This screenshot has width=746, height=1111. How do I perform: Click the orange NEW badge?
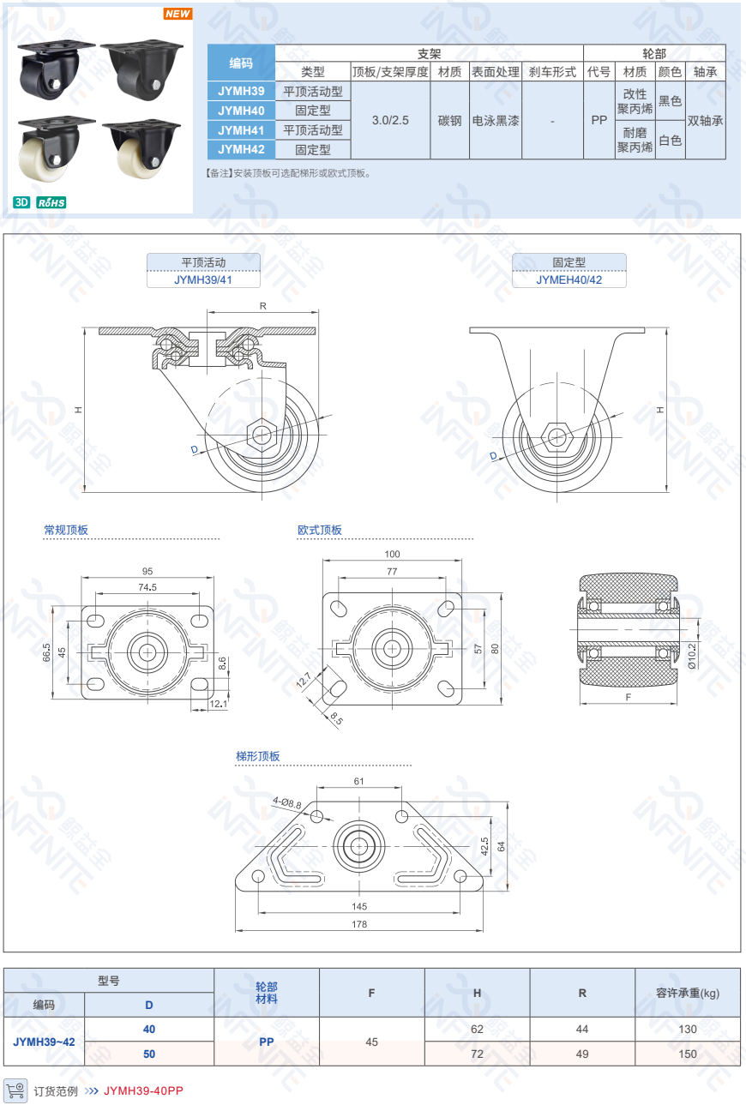177,14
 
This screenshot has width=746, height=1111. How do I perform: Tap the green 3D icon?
21,202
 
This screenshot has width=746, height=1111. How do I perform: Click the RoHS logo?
51,202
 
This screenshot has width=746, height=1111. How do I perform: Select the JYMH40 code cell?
241,111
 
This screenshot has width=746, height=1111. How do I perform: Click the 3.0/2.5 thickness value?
390,121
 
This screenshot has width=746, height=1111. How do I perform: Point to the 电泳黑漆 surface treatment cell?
496,121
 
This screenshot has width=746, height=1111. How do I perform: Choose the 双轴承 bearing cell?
706,121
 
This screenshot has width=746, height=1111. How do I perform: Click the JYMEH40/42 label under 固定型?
569,279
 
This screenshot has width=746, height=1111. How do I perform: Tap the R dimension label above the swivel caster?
263,306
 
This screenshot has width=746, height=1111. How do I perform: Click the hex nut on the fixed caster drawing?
557,437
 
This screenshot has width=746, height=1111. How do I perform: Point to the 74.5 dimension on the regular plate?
147,587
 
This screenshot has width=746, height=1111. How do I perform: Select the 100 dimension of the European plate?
392,554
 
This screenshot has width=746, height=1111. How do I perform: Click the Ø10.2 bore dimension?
693,656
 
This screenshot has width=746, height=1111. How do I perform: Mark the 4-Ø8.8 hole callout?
287,802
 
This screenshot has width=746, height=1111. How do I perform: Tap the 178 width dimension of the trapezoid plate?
359,924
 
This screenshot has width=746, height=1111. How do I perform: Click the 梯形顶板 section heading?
258,756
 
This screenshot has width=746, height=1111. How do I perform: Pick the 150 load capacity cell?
688,1054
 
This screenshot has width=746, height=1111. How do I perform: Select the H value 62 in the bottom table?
477,1030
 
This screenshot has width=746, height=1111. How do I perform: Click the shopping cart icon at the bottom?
16,1090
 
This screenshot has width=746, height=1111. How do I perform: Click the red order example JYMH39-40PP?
143,1090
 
